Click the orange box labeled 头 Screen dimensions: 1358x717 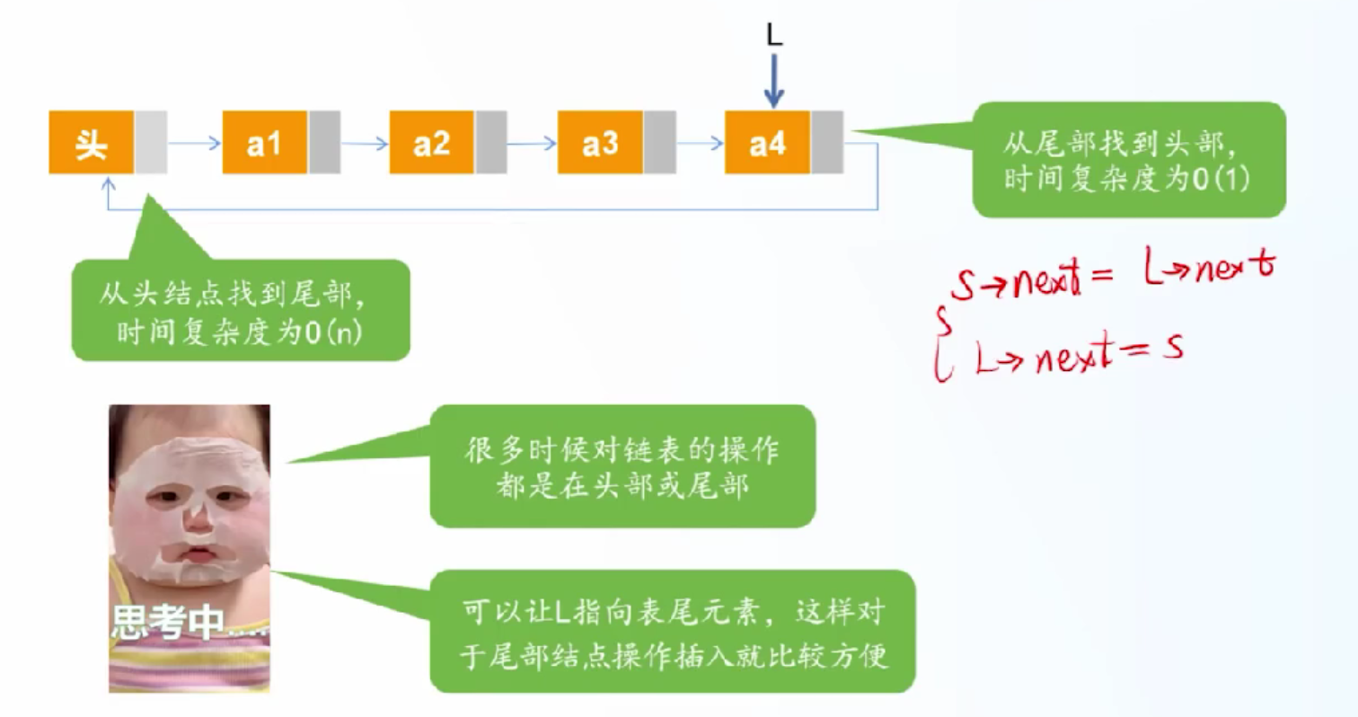91,143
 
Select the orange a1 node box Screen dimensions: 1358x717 265,143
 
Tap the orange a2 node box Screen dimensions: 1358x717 432,143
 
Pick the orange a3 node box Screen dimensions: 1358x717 600,143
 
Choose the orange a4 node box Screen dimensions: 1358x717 768,143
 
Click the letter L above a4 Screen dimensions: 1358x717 774,35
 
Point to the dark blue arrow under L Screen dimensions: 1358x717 773,81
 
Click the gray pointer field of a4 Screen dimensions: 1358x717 827,143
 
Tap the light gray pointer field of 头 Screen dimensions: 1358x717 151,143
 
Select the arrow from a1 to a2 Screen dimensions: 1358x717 365,144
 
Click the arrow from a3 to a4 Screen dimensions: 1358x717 701,144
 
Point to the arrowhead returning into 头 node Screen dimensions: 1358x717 109,182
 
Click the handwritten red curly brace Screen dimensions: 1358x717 942,344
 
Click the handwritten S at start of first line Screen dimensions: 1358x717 963,285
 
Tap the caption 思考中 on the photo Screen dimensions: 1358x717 169,622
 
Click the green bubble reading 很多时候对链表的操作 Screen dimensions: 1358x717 622,465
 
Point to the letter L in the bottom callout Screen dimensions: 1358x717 561,613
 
